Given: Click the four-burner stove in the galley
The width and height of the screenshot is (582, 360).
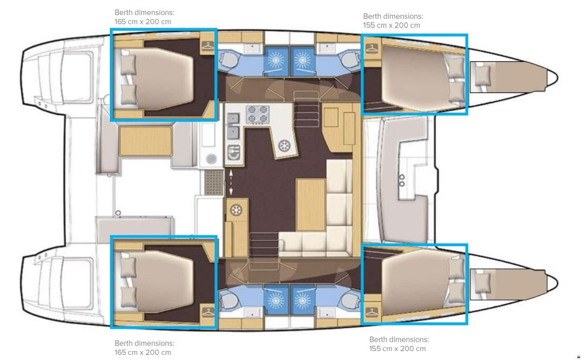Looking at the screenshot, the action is pyautogui.click(x=258, y=114).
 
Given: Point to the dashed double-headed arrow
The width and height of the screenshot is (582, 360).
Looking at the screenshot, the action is pyautogui.click(x=231, y=183).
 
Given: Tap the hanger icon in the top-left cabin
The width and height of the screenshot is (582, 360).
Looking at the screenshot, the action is pyautogui.click(x=208, y=46).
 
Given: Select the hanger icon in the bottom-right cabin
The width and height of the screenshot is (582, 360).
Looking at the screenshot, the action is pyautogui.click(x=372, y=311).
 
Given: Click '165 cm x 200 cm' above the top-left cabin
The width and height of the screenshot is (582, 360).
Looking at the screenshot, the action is pyautogui.click(x=142, y=22).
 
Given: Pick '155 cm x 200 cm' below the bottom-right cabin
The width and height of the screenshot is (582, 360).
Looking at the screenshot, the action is pyautogui.click(x=398, y=349).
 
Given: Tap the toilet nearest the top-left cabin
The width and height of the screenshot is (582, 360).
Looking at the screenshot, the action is pyautogui.click(x=228, y=59).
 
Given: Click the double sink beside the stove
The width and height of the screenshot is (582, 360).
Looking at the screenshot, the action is pyautogui.click(x=233, y=126).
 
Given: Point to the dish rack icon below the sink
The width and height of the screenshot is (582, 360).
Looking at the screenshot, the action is pyautogui.click(x=233, y=152).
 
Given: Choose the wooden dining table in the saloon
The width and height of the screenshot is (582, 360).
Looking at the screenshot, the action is pyautogui.click(x=311, y=205).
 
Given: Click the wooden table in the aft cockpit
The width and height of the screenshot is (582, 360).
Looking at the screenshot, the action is pyautogui.click(x=145, y=141).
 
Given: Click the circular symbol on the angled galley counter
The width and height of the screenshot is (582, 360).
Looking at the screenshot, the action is pyautogui.click(x=284, y=146).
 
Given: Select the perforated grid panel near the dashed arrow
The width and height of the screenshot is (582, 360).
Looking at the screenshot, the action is pyautogui.click(x=214, y=183).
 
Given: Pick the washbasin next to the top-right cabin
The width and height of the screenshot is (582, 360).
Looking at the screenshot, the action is pyautogui.click(x=327, y=48).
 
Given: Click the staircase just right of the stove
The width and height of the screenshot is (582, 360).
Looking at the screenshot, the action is pyautogui.click(x=307, y=109).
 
